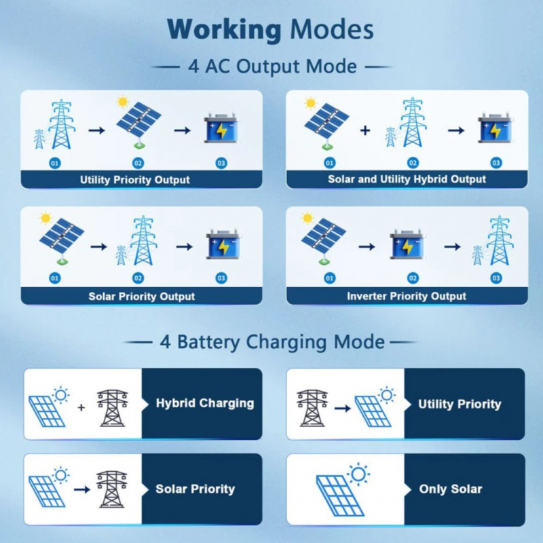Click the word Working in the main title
(224, 30)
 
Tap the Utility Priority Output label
(134, 180)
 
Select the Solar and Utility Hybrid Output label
(407, 179)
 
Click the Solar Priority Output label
(142, 297)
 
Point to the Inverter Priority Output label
(407, 296)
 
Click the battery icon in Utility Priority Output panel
(221, 128)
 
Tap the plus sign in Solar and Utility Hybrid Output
(365, 130)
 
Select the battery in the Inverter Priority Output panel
(407, 244)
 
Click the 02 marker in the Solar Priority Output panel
(138, 278)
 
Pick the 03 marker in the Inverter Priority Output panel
(496, 278)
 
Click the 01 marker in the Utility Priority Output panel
(55, 163)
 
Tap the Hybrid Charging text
(205, 403)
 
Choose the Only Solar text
(451, 489)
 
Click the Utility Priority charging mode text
(460, 404)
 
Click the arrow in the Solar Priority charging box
(82, 489)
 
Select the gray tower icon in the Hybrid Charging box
(112, 408)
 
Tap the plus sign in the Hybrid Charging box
(81, 407)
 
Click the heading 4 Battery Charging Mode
(272, 342)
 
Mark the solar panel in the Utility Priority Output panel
(139, 123)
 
